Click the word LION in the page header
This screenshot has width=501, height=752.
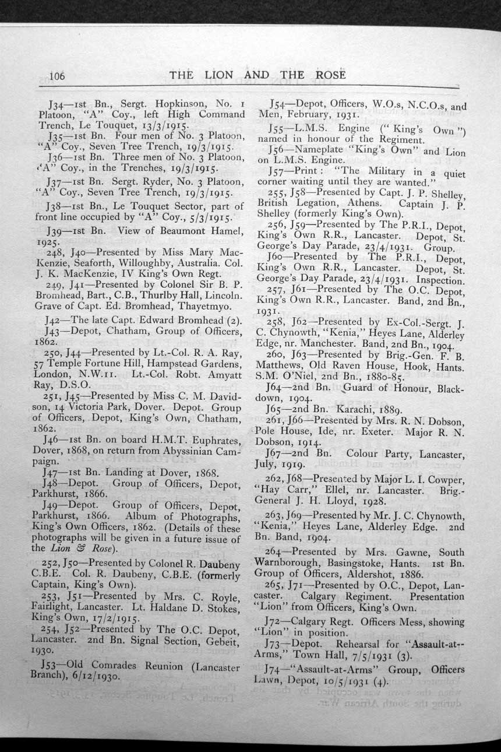tap(218, 75)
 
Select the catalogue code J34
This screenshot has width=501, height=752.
tap(59, 105)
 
